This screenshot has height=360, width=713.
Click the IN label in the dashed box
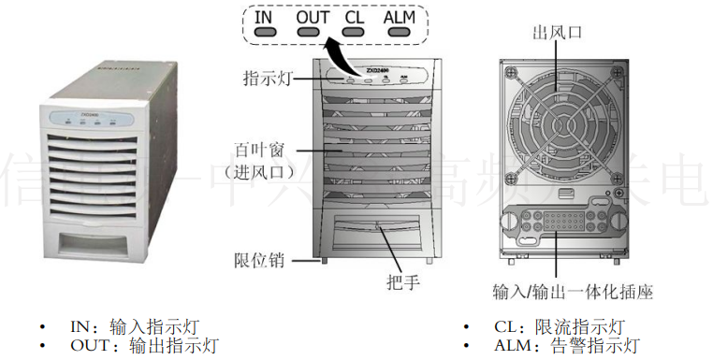265,17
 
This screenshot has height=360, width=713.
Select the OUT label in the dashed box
313,17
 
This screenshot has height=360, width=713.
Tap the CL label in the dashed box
354,17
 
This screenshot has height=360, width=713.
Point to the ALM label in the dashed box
399,17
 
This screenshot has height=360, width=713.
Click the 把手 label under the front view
401,281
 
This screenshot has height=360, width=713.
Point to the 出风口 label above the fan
557,32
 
